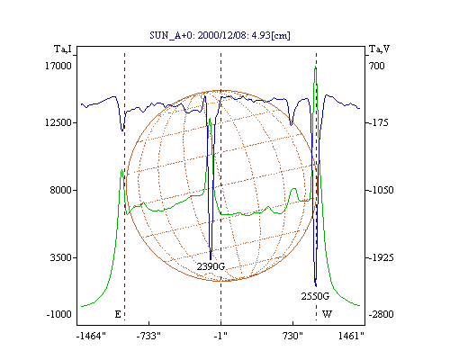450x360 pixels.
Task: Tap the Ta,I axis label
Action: (x=63, y=49)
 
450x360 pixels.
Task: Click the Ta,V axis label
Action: (x=379, y=49)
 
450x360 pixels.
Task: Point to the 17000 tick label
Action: (x=58, y=66)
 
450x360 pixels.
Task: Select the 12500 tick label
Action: (x=58, y=122)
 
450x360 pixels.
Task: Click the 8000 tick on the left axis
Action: (x=61, y=190)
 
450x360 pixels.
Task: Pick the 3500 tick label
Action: (x=61, y=257)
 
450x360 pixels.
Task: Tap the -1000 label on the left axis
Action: (x=59, y=314)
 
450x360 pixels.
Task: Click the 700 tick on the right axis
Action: (x=377, y=66)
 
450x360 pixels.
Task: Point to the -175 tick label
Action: (x=378, y=122)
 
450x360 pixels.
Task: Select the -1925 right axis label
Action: (x=381, y=257)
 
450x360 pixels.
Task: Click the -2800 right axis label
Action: (x=381, y=314)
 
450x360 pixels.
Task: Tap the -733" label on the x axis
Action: (x=148, y=336)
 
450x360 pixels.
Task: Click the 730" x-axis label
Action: (x=292, y=336)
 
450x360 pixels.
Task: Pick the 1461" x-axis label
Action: (x=351, y=336)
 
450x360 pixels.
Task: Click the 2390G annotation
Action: (x=211, y=266)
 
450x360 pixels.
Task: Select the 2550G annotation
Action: (x=315, y=296)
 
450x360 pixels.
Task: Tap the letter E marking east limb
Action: (x=118, y=314)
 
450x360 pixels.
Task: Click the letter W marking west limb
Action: (x=327, y=314)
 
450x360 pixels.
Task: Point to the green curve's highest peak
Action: (x=315, y=67)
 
